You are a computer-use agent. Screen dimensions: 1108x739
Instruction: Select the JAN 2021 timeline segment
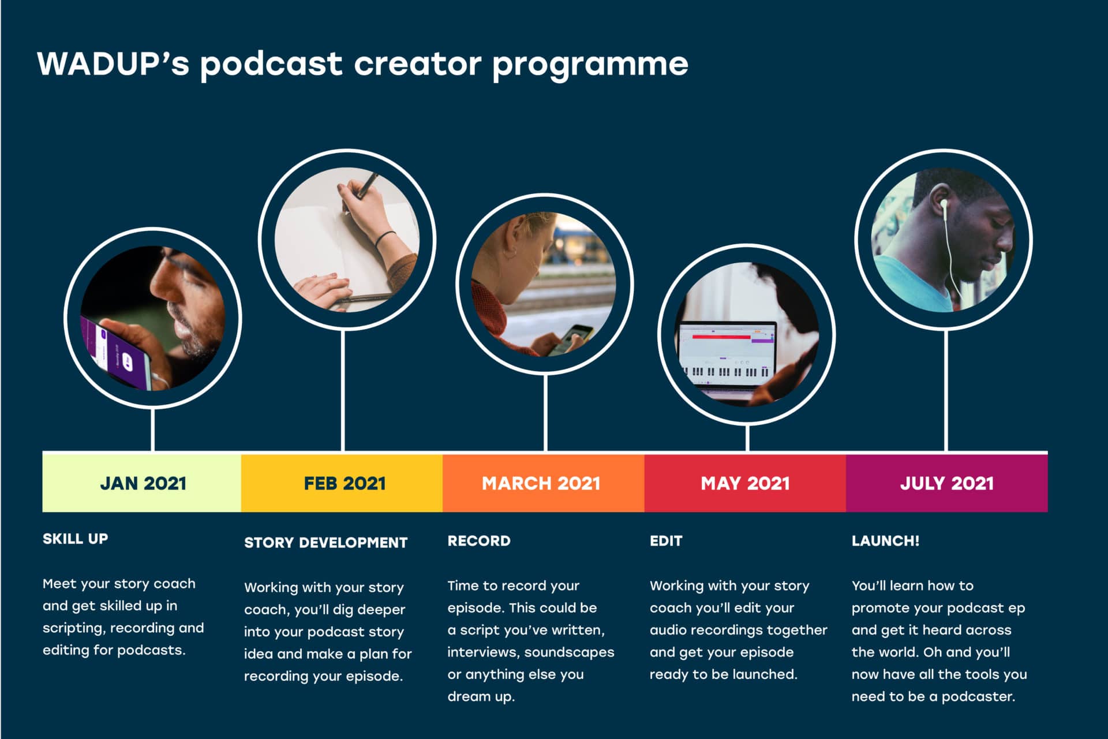[x=142, y=483]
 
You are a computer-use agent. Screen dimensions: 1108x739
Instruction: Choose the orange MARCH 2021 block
[x=544, y=483]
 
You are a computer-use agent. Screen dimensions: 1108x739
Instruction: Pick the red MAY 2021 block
[x=745, y=483]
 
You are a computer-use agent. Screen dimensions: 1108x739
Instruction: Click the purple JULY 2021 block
[x=947, y=483]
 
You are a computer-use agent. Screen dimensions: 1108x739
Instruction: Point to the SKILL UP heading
[x=75, y=539]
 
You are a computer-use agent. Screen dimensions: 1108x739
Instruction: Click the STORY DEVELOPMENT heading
[x=326, y=543]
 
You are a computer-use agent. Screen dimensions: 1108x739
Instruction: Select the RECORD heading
[x=479, y=541]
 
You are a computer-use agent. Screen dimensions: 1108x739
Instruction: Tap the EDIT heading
[x=666, y=541]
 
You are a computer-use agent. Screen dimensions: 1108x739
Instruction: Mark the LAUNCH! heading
[x=885, y=541]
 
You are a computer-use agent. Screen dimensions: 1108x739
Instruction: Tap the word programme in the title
[x=590, y=65]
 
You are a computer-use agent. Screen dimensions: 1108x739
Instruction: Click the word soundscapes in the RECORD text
[x=569, y=652]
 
